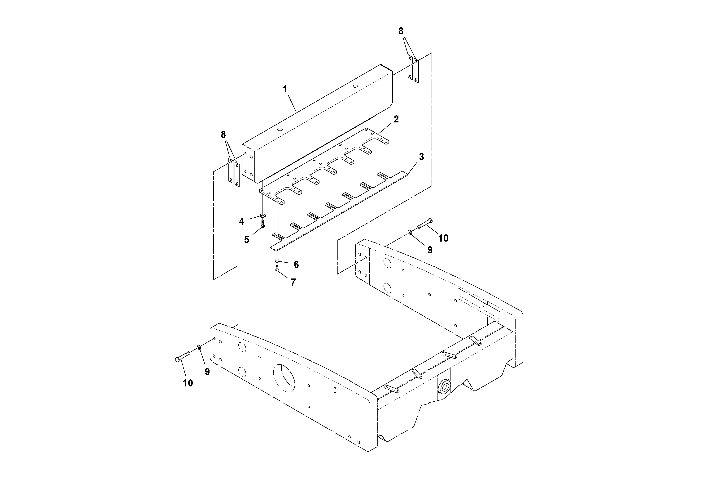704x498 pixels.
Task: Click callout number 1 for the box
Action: point(285,89)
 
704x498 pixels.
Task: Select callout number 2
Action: point(396,119)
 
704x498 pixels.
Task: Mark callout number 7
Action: point(293,282)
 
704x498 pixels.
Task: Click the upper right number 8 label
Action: point(401,31)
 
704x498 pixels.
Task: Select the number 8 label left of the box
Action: point(223,134)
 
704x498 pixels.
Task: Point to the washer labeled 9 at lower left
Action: point(199,347)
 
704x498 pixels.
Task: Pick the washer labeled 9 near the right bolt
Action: point(410,232)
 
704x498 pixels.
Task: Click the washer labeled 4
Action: point(263,216)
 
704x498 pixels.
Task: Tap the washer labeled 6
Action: point(277,261)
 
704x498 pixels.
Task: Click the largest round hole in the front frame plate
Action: point(284,378)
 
